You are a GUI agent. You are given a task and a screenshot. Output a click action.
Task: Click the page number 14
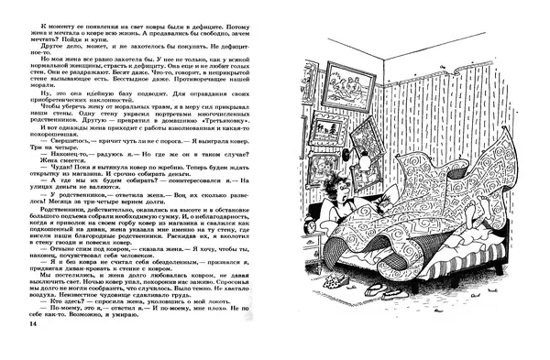tap(33, 324)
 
